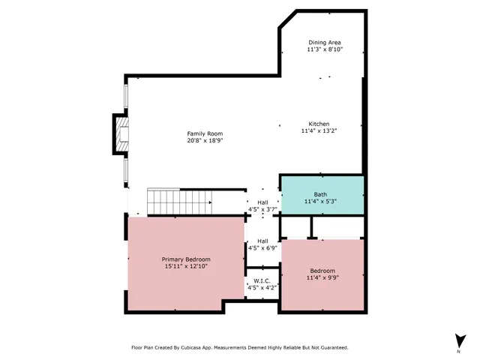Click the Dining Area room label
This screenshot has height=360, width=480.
[x=325, y=42]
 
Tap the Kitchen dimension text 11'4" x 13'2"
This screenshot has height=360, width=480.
[x=319, y=130]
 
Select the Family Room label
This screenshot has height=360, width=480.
[x=205, y=133]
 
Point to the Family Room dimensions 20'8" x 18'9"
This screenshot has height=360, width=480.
[x=205, y=140]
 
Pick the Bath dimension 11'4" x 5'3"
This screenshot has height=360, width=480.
[x=320, y=201]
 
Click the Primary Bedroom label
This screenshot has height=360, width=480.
[x=186, y=259]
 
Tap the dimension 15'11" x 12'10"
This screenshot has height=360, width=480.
[x=186, y=265]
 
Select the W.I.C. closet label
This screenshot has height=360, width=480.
[x=262, y=280]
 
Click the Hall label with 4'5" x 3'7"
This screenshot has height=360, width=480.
[x=262, y=202]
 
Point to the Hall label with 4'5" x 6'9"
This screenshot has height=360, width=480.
[x=262, y=241]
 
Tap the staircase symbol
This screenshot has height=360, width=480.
[x=180, y=200]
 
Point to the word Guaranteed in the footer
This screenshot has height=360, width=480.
[x=332, y=347]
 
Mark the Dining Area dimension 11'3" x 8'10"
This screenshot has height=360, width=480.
[x=325, y=49]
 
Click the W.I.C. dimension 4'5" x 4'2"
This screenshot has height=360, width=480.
[x=262, y=287]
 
